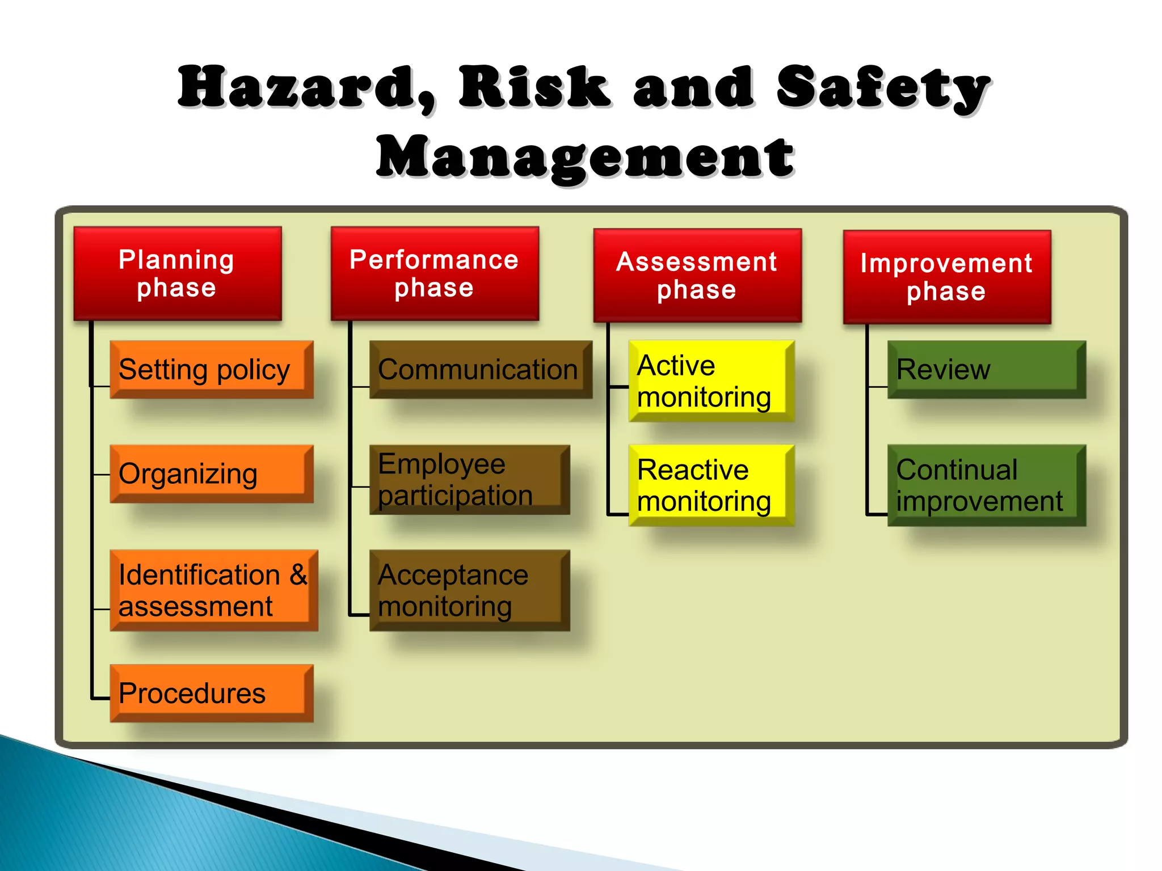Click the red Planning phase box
(178, 274)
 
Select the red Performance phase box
(435, 274)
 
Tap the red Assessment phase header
(697, 276)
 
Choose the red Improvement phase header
(947, 277)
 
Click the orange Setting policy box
(211, 370)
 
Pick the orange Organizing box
(211, 474)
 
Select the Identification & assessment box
(213, 590)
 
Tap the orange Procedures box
(211, 693)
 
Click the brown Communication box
(480, 370)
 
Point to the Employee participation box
(469, 480)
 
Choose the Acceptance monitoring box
(469, 590)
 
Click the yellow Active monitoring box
(711, 381)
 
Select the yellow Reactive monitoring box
(711, 485)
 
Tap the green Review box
(986, 370)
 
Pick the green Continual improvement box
(986, 485)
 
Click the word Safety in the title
(882, 88)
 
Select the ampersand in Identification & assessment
(298, 575)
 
